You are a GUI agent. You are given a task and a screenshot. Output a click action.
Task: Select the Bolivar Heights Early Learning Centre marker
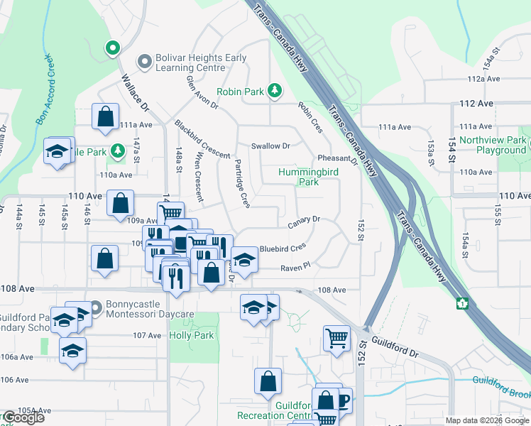tap(145, 62)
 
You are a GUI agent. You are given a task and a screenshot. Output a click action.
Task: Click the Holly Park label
tap(192, 335)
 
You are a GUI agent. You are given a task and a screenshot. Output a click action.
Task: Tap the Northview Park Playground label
tap(492, 145)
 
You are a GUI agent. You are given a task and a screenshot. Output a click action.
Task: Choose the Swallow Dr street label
tap(270, 146)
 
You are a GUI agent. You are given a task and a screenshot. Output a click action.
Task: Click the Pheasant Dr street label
tap(338, 158)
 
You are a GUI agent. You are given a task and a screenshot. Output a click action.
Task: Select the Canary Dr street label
tap(305, 224)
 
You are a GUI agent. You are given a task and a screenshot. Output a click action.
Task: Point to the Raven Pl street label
tap(295, 266)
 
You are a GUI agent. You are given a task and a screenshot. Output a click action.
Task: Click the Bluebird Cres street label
tap(282, 248)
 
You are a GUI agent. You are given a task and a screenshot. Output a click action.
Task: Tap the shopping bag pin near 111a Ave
tap(105, 116)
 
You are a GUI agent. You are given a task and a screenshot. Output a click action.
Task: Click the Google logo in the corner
tap(23, 417)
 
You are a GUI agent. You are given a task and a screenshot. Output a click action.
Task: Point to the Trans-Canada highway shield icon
tap(462, 303)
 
